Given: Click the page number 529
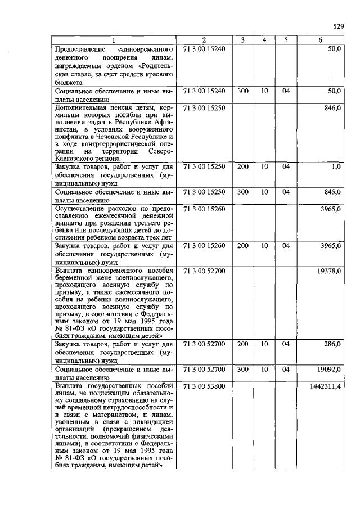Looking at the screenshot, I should pos(337,26).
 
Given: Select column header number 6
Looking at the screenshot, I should pos(321,40).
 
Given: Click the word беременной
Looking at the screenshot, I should pos(75,280).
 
